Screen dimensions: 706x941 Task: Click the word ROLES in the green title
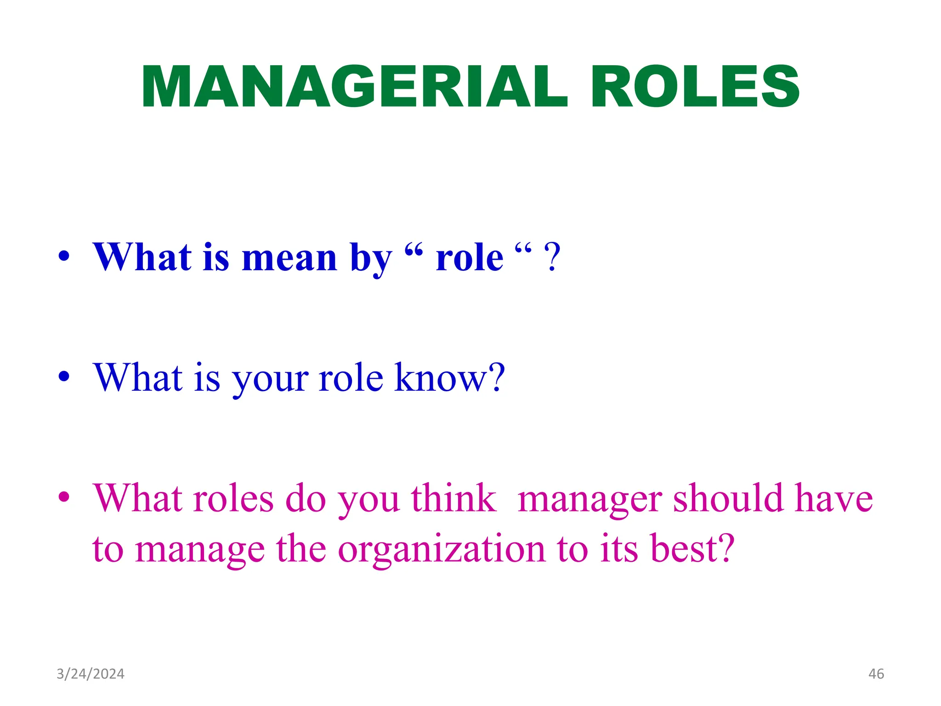tap(695, 87)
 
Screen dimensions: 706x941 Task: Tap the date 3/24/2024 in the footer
tap(91, 674)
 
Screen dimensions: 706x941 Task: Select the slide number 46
tap(876, 674)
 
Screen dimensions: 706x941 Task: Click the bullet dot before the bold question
tap(64, 256)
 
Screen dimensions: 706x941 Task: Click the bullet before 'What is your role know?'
tap(64, 376)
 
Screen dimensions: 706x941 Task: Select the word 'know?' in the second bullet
tap(450, 377)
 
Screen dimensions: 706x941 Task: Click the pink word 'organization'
tap(441, 550)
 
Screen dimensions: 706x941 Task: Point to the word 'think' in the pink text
tap(453, 498)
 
